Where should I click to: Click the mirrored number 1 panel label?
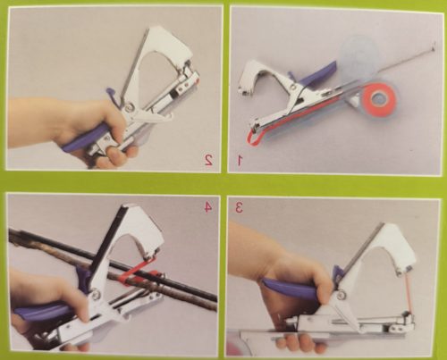click(x=240, y=160)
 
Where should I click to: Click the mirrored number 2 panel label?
click(x=208, y=160)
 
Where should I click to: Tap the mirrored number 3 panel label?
click(x=239, y=207)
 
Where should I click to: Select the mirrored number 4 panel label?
click(x=208, y=207)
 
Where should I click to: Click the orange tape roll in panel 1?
click(x=378, y=97)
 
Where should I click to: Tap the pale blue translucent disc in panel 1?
click(x=360, y=55)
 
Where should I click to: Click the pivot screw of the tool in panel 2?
click(x=131, y=105)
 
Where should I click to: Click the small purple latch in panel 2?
click(x=112, y=94)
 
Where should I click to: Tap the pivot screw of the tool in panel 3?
click(x=342, y=296)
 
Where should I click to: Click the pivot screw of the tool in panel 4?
click(x=96, y=294)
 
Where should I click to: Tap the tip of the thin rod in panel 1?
click(x=433, y=46)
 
